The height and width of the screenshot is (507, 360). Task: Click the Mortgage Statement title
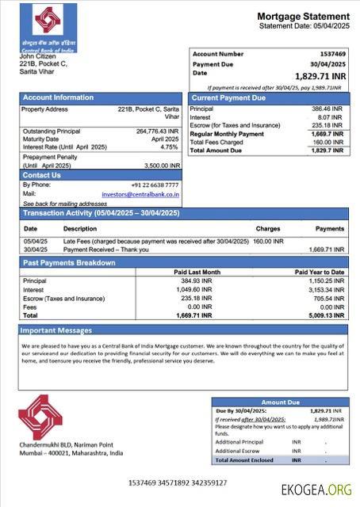[303, 17]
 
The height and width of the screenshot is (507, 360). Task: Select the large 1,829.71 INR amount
[318, 77]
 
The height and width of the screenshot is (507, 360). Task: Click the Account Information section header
[58, 97]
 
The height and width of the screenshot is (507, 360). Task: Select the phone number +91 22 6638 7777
[155, 185]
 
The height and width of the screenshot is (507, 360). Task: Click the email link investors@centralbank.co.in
[140, 193]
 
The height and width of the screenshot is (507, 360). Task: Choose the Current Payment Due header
[229, 97]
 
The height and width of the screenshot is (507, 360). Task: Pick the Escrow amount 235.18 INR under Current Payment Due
[327, 125]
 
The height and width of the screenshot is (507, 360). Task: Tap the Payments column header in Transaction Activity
[330, 228]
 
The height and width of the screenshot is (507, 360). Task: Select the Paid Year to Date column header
[320, 273]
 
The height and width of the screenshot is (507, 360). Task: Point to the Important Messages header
[56, 330]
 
